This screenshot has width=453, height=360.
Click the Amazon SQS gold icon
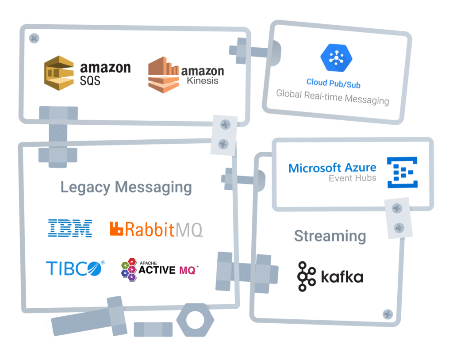click(x=59, y=73)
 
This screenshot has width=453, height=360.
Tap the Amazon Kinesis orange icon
click(x=163, y=75)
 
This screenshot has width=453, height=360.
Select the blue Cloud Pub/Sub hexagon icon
click(x=336, y=58)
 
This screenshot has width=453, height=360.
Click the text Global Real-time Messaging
click(x=333, y=97)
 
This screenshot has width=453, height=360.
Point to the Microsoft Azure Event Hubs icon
click(x=403, y=172)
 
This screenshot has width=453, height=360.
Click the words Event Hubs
click(x=353, y=178)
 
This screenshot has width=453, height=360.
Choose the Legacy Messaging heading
click(x=126, y=188)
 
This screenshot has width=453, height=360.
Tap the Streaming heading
click(x=330, y=236)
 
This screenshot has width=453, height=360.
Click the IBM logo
click(x=70, y=228)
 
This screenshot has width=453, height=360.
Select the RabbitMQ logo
click(x=156, y=230)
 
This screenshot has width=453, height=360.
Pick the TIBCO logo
click(x=75, y=268)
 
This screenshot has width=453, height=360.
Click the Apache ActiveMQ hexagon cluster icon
click(x=129, y=270)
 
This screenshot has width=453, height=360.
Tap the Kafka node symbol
click(x=306, y=276)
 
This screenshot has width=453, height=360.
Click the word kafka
click(x=342, y=277)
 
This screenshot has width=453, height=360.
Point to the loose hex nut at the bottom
click(x=195, y=320)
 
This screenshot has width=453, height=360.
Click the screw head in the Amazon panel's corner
click(x=34, y=38)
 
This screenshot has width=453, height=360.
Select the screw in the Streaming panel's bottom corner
click(x=388, y=314)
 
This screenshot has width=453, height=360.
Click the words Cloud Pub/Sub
click(x=334, y=83)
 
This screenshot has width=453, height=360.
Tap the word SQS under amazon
click(x=90, y=80)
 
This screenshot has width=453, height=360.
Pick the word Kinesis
click(x=203, y=80)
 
